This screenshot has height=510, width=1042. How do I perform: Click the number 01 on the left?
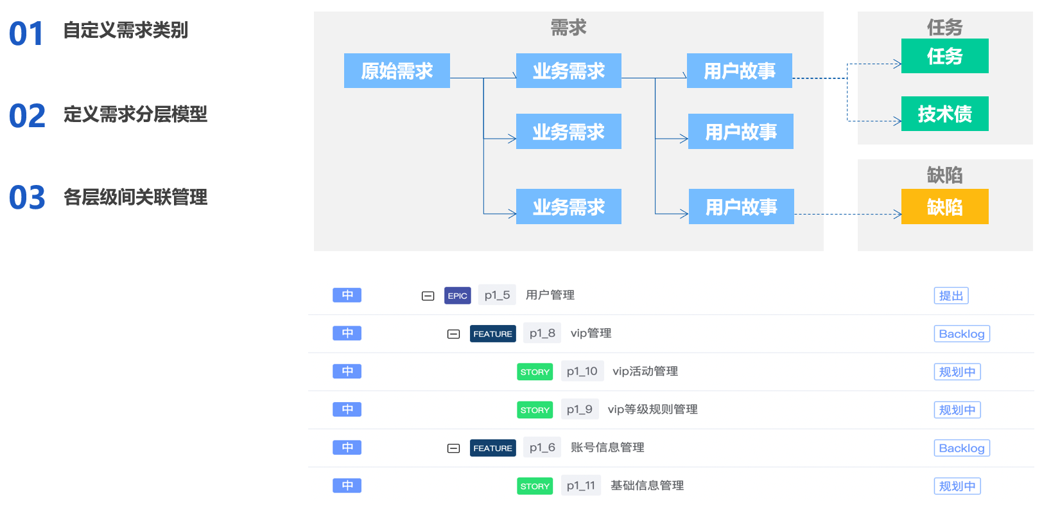26,34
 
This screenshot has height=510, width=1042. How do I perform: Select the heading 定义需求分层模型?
135,114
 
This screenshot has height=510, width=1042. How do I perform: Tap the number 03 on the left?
27,198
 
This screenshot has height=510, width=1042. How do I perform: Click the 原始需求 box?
397,71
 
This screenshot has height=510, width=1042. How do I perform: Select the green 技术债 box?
944,114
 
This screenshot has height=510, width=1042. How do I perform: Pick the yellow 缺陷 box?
944,207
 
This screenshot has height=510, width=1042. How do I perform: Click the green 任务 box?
944,56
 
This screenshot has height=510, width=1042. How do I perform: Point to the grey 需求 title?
568,28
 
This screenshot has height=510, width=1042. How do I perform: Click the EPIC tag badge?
457,295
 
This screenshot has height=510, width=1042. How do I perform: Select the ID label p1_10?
582,371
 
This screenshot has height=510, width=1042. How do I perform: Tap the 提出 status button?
951,295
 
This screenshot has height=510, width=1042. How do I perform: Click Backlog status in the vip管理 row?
961,334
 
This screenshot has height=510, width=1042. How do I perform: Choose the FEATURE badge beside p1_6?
492,448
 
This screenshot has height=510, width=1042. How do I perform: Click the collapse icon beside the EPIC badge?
428,295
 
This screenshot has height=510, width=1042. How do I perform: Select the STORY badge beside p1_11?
535,486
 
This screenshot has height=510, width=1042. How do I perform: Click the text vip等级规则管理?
652,409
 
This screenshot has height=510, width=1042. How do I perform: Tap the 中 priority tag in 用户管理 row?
347,295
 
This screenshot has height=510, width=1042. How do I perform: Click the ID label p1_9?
579,409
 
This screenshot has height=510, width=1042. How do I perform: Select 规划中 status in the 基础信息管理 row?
957,486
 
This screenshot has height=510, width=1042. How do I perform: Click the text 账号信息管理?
607,448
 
